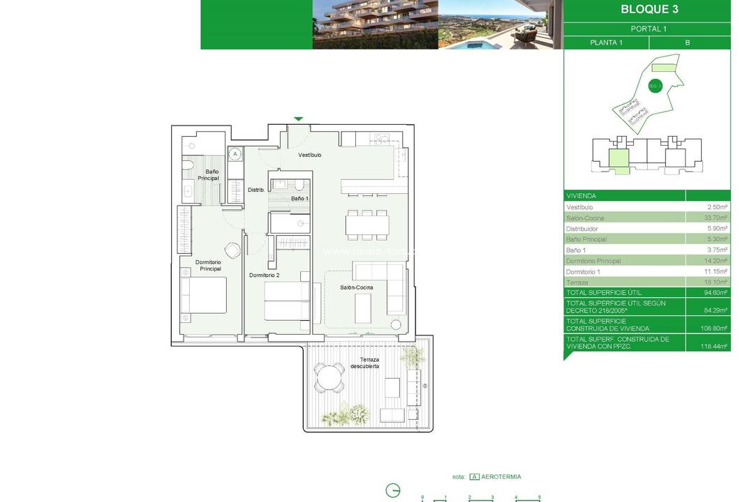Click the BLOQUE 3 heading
tap(649, 10)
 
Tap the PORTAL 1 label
tap(649, 29)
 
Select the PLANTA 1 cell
tap(606, 43)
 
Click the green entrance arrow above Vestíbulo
tap(299, 119)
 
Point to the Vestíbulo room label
tap(310, 155)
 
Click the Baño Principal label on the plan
tap(208, 175)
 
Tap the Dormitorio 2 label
tap(264, 275)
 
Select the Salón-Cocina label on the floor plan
tap(356, 287)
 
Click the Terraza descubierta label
tap(364, 363)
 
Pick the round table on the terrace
tap(329, 379)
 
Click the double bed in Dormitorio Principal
tap(203, 296)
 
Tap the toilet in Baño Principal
tap(187, 165)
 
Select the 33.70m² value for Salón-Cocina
tap(717, 218)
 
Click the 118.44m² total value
tap(714, 346)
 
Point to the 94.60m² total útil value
tap(715, 293)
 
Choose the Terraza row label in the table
tap(577, 282)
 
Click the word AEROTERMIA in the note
tap(501, 477)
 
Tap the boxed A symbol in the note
tap(474, 477)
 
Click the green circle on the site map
tap(654, 86)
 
